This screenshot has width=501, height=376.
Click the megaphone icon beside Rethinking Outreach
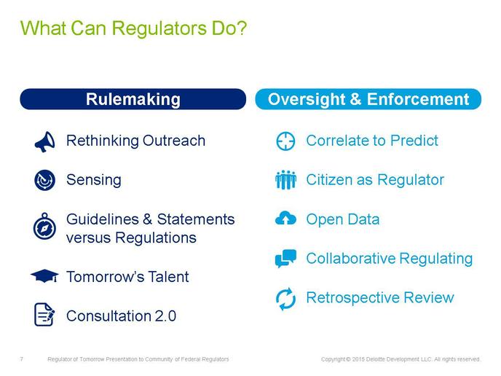(x=45, y=141)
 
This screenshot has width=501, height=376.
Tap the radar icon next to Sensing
(x=44, y=180)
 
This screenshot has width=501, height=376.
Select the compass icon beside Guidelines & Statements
(x=44, y=226)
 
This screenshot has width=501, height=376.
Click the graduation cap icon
(x=44, y=276)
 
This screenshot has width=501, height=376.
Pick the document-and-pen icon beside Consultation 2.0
(x=44, y=315)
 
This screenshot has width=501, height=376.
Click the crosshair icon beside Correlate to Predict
(x=285, y=141)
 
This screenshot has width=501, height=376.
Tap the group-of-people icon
(x=285, y=180)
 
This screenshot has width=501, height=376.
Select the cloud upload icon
(x=285, y=218)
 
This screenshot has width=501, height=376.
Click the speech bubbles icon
(x=285, y=259)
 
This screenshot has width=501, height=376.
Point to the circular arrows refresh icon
(x=285, y=299)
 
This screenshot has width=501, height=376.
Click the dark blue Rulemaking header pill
(x=133, y=99)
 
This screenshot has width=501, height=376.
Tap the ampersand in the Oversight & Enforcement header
(x=355, y=99)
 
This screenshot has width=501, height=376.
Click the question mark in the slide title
(x=242, y=28)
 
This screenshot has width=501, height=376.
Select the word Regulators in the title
(x=159, y=28)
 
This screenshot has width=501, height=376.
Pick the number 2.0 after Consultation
(x=165, y=316)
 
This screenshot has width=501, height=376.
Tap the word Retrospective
(x=352, y=298)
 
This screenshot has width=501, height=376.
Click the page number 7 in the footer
(x=21, y=359)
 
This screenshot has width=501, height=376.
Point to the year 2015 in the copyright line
(x=358, y=359)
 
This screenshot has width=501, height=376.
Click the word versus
(x=89, y=238)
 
